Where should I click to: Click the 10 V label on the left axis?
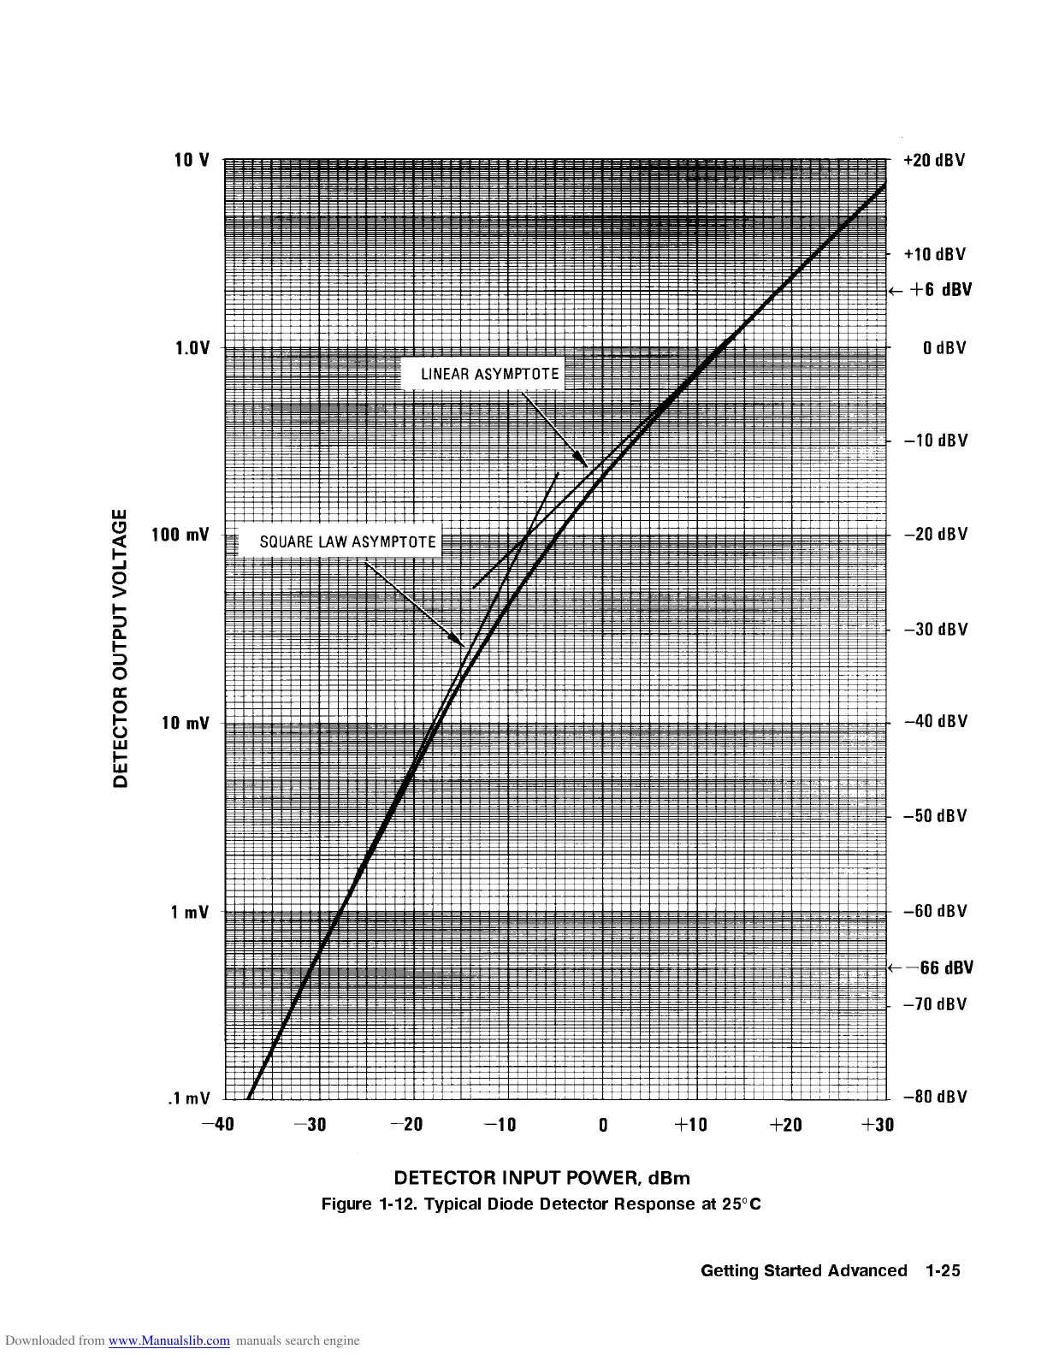pyautogui.click(x=192, y=160)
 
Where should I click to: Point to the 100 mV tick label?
pyautogui.click(x=185, y=535)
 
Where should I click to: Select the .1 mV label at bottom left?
pyautogui.click(x=188, y=1098)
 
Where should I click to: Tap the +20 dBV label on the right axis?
pyautogui.click(x=934, y=161)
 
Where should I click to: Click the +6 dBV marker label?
pyautogui.click(x=940, y=290)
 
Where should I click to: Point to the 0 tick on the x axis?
pyautogui.click(x=603, y=1125)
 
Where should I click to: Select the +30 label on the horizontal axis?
pyautogui.click(x=878, y=1124)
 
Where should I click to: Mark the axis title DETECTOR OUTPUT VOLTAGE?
pyautogui.click(x=121, y=648)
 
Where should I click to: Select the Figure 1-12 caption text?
pyautogui.click(x=541, y=1204)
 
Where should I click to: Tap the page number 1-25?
pyautogui.click(x=943, y=1270)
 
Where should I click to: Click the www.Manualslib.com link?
pyautogui.click(x=169, y=1340)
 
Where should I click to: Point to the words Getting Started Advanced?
pyautogui.click(x=803, y=1270)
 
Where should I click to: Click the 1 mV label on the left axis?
pyautogui.click(x=190, y=912)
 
